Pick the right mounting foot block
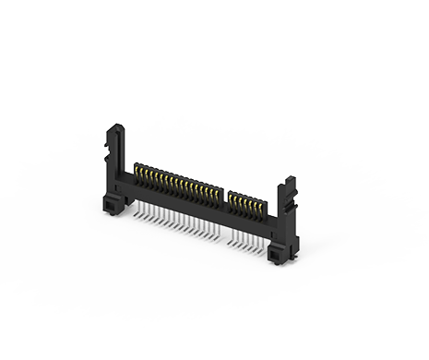click(277, 249)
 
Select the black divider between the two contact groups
click(224, 197)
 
